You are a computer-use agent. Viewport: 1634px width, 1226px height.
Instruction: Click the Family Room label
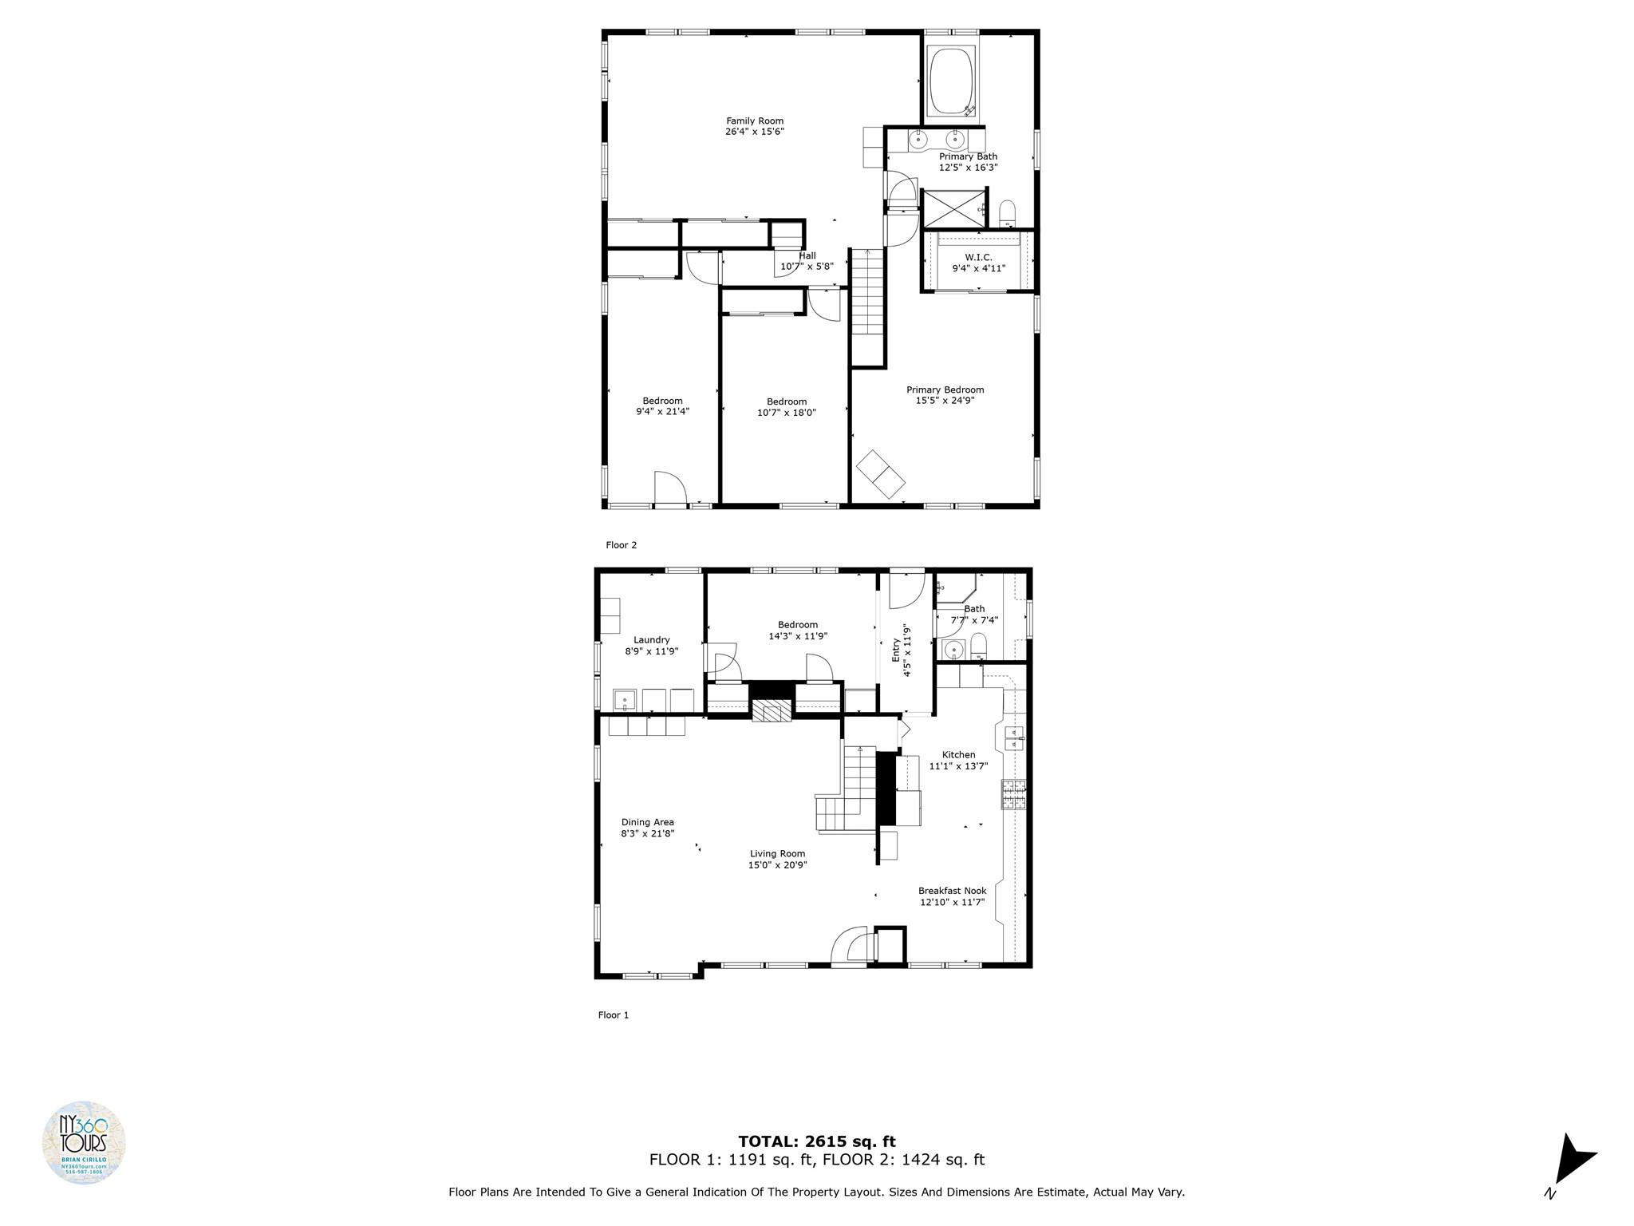(x=754, y=121)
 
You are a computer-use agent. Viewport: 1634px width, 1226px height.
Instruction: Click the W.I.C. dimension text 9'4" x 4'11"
(x=978, y=269)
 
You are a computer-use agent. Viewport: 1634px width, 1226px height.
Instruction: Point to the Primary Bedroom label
(x=945, y=390)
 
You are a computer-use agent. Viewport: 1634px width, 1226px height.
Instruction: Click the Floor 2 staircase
(x=867, y=307)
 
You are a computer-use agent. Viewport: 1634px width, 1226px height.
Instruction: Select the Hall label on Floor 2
(x=807, y=255)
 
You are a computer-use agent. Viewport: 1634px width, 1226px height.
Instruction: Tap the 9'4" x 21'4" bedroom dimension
(x=662, y=412)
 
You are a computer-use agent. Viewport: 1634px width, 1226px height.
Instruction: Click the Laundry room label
(x=651, y=640)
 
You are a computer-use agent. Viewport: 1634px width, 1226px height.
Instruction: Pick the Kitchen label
(x=958, y=755)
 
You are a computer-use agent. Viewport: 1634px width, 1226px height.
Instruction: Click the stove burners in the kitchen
(x=1014, y=795)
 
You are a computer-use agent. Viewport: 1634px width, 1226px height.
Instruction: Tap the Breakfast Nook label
(x=952, y=891)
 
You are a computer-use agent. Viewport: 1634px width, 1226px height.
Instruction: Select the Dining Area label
(x=647, y=822)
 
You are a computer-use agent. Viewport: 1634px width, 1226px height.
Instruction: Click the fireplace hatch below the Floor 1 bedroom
(x=772, y=711)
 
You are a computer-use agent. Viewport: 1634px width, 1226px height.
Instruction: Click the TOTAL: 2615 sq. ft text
(x=816, y=1141)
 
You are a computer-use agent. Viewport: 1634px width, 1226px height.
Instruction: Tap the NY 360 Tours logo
(x=84, y=1143)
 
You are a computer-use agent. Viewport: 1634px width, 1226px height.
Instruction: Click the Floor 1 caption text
(x=613, y=1015)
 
